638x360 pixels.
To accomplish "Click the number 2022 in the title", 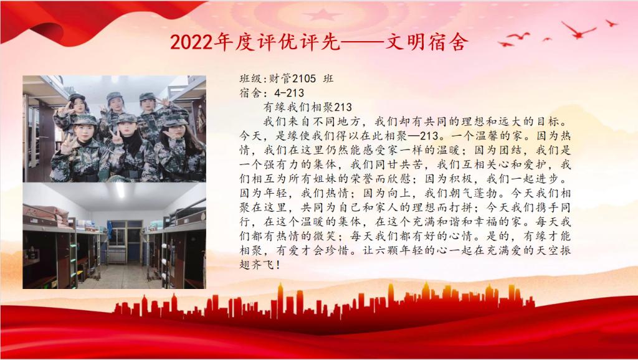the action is [x=191, y=42].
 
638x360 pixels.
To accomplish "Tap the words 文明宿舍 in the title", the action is [x=426, y=42].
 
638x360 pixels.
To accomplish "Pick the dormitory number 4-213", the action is [x=289, y=93].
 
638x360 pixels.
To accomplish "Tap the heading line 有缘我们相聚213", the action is [x=308, y=107].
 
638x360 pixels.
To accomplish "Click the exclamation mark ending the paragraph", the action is [x=278, y=265].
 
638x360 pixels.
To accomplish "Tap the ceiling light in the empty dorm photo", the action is [x=120, y=191].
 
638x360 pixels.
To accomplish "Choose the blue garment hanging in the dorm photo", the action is [x=109, y=230].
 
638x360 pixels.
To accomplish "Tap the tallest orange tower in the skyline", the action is [x=280, y=300].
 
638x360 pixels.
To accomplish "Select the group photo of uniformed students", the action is [x=115, y=128].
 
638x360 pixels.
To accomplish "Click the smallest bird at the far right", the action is [x=547, y=39].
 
